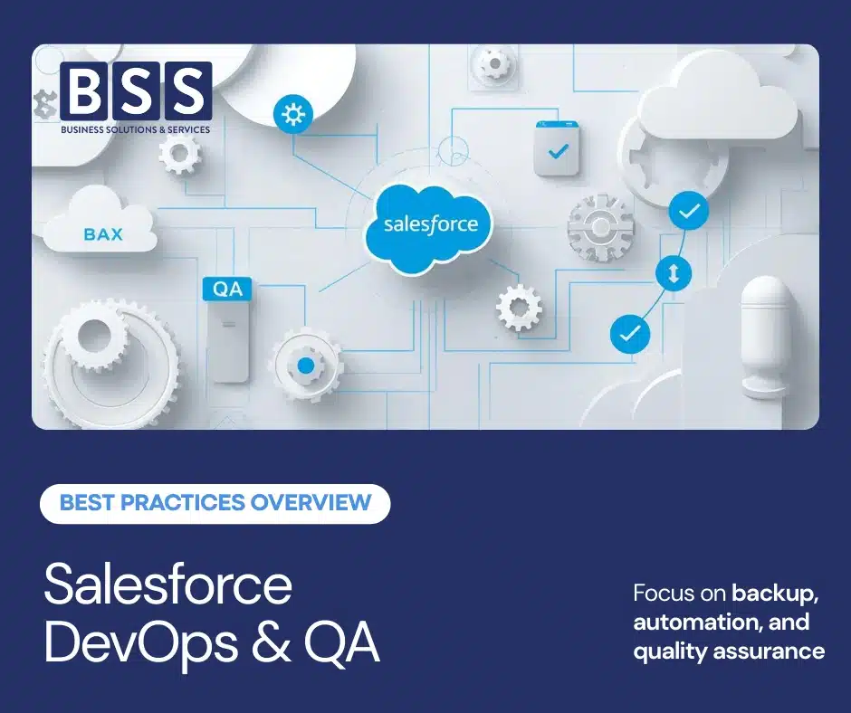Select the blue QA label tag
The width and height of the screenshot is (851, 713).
pos(227,290)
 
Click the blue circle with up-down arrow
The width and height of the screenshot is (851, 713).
pos(673,273)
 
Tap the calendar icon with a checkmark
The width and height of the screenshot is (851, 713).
pos(558,149)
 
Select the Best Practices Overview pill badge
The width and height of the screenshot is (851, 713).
pos(215,503)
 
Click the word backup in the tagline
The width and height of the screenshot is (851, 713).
pos(775,594)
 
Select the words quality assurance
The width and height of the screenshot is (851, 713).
pos(729,651)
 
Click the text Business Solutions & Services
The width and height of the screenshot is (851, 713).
pos(135,129)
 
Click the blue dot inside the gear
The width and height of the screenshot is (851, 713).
pos(306,366)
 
